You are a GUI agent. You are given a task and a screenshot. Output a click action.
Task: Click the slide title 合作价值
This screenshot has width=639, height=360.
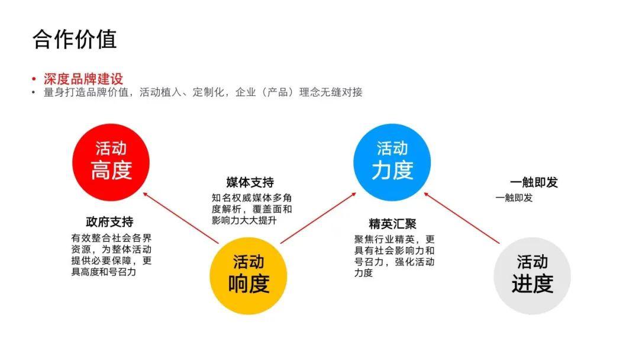point(75,40)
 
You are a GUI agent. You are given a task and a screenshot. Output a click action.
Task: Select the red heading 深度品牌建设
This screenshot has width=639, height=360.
point(83,79)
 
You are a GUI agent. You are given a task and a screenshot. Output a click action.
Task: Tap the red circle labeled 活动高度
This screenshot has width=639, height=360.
point(111,162)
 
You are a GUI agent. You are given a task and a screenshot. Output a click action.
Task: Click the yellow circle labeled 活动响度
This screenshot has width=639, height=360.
point(248,275)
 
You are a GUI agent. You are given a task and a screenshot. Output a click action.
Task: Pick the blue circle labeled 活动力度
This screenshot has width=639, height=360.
point(392,162)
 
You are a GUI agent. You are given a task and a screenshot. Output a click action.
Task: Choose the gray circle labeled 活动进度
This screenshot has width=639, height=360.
point(532,275)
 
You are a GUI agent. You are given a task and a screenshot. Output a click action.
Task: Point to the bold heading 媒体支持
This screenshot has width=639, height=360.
point(250,182)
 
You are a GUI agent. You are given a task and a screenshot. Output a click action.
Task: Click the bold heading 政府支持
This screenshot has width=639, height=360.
point(109,222)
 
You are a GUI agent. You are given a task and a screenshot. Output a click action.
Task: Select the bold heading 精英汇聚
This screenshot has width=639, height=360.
point(392,223)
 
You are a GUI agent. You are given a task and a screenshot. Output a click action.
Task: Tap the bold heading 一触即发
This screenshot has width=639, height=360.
point(534,182)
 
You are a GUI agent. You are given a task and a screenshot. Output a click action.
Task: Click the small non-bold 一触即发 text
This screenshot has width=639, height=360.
point(514,198)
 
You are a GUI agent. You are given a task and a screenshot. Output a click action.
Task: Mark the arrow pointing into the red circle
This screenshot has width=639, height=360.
point(181,218)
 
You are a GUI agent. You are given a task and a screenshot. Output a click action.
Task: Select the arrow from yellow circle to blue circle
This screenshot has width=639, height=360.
point(318,218)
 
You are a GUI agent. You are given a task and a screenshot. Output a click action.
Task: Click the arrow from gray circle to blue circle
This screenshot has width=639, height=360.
point(461,218)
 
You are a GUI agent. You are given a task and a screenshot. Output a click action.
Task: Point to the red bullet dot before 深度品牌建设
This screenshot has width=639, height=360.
point(34,79)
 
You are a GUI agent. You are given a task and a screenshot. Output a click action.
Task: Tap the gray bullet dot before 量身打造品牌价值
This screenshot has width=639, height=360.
point(34,92)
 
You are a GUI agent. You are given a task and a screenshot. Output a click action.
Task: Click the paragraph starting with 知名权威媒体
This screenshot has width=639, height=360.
point(252,209)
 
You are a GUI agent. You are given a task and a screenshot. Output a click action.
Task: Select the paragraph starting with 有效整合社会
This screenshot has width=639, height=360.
point(111,255)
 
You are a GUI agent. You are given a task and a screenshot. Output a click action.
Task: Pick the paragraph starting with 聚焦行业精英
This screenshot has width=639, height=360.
point(395,256)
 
